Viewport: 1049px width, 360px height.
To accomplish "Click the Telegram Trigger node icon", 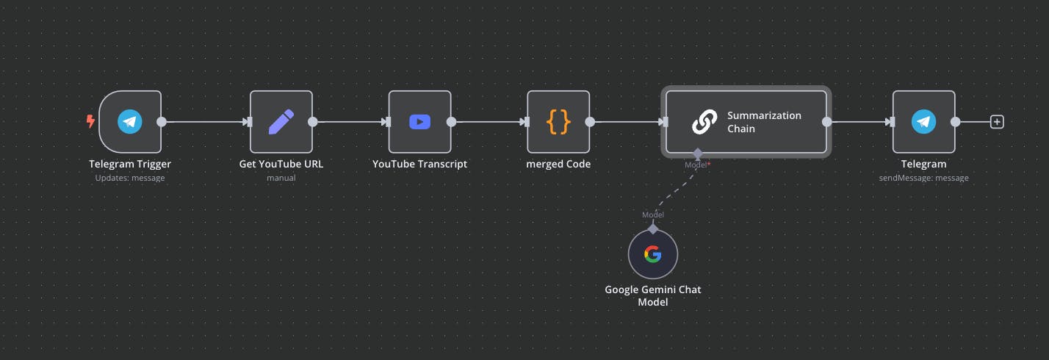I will click(x=130, y=122).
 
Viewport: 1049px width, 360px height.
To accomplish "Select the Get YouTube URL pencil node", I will click(x=281, y=122).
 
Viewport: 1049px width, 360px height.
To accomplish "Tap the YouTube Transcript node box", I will click(x=419, y=122).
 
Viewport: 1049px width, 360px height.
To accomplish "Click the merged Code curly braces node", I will click(x=558, y=122).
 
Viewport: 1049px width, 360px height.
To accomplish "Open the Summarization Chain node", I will click(x=746, y=122).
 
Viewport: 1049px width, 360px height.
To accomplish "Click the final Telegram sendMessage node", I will click(x=923, y=122).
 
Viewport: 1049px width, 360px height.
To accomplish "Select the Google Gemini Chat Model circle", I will click(x=652, y=254).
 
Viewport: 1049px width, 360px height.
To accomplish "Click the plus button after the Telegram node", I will click(x=997, y=122).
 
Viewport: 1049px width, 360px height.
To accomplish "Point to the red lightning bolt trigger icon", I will click(x=91, y=121).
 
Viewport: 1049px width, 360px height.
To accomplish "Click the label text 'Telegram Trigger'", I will click(x=130, y=164).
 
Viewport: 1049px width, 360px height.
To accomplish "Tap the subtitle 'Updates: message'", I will click(x=130, y=178).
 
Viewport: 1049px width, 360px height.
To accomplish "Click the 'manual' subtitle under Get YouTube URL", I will click(x=281, y=178).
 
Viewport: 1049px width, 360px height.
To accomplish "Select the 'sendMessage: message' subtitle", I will click(x=923, y=178).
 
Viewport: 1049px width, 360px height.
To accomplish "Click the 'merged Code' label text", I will click(x=558, y=164).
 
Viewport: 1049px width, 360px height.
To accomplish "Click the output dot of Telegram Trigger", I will click(x=162, y=122).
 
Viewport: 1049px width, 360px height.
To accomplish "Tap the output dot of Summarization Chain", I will click(x=827, y=122).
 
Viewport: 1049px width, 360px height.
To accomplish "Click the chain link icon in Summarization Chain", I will click(x=704, y=122).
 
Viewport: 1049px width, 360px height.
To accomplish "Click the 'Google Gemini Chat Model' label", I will click(x=652, y=295).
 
